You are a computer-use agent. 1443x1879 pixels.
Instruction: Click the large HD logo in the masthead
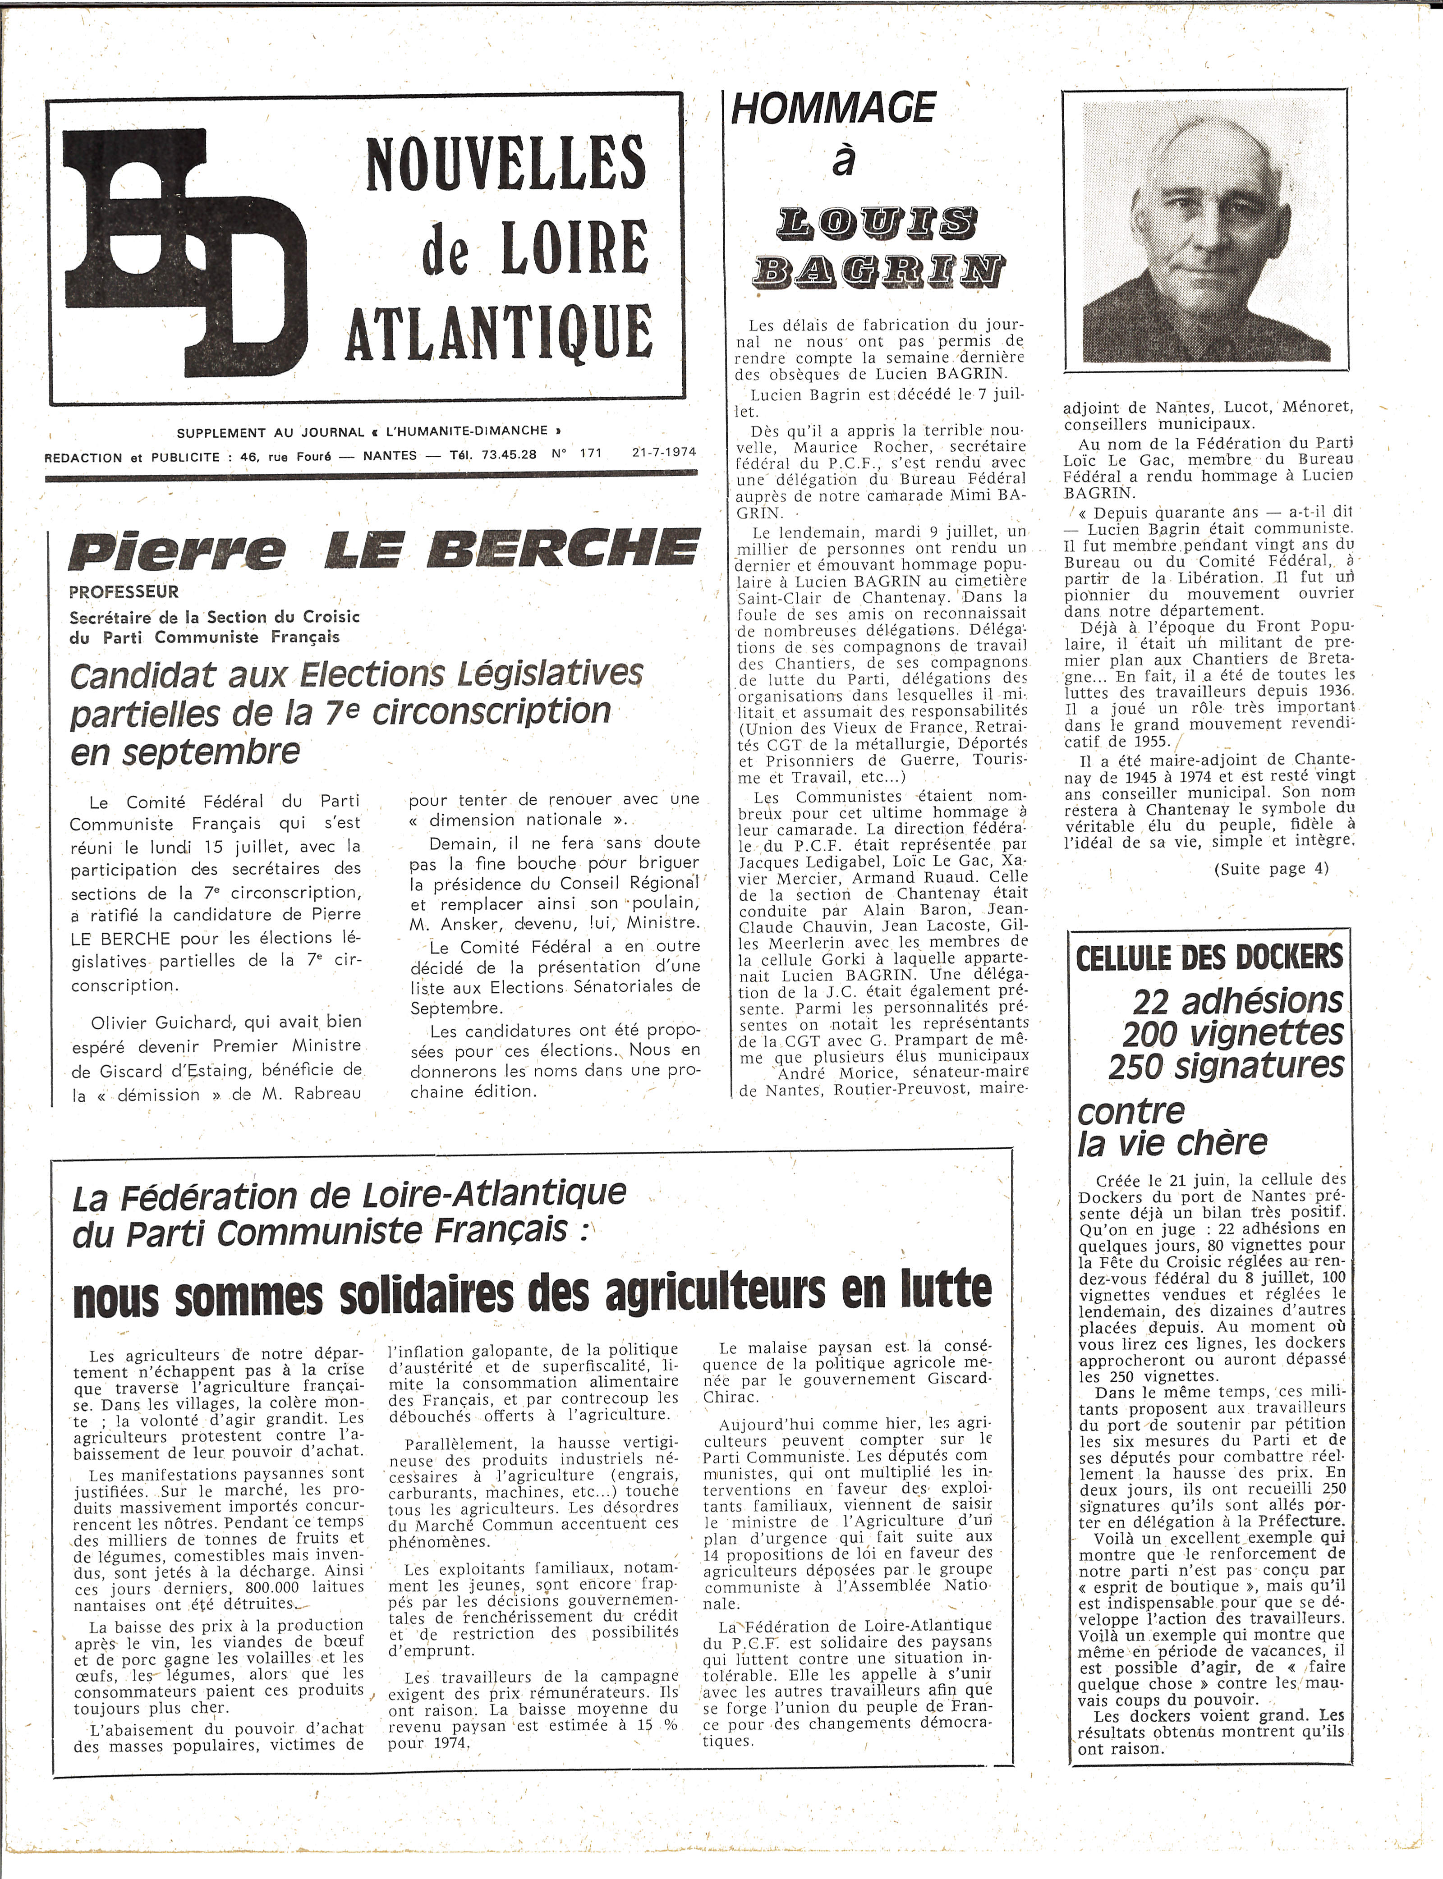point(185,251)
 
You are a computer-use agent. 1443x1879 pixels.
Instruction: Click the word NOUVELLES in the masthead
point(505,162)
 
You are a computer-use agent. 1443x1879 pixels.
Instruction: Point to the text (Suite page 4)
point(1271,868)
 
